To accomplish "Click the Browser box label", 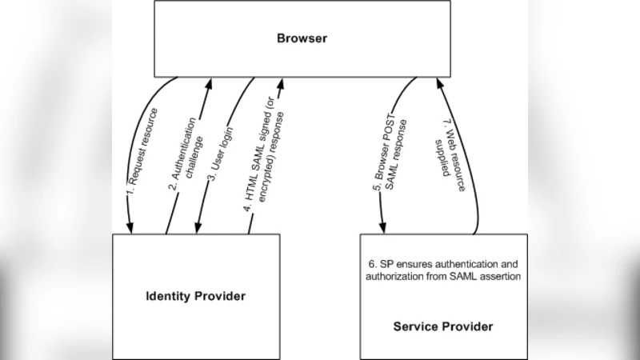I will pyautogui.click(x=302, y=38).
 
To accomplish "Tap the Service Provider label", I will pyautogui.click(x=443, y=326).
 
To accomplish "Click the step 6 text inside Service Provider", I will pyautogui.click(x=444, y=270).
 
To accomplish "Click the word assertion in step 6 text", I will pyautogui.click(x=498, y=277).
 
